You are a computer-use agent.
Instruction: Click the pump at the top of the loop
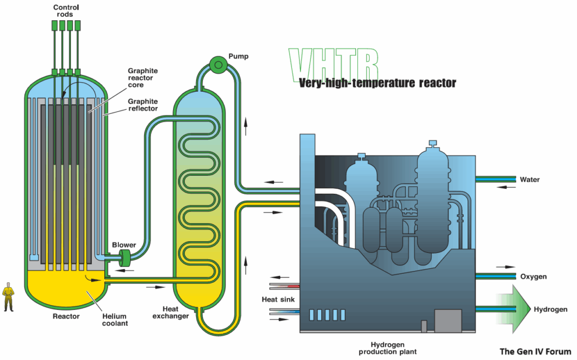(x=216, y=65)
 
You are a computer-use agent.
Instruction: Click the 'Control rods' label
(x=66, y=11)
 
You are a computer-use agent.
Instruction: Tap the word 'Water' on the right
(x=530, y=180)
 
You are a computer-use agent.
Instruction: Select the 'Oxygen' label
(x=533, y=277)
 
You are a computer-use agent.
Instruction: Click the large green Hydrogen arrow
(x=513, y=309)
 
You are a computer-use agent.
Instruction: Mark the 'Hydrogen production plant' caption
(x=388, y=348)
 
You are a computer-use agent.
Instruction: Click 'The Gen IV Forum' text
(x=535, y=352)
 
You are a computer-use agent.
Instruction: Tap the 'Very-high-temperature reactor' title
(x=377, y=83)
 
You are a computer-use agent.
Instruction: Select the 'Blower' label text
(x=123, y=245)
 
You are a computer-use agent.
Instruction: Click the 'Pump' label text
(x=238, y=56)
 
